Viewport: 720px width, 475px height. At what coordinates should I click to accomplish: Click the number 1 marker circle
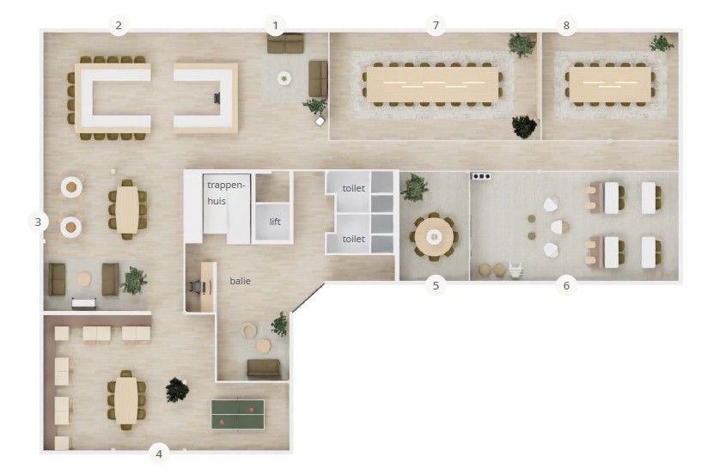tap(276, 25)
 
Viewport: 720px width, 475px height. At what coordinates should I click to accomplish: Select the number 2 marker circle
tap(119, 25)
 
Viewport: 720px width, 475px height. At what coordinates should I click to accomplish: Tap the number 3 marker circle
tap(38, 222)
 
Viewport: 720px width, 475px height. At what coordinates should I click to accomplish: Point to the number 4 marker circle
tap(159, 454)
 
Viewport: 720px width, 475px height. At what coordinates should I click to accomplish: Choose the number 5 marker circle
tap(436, 285)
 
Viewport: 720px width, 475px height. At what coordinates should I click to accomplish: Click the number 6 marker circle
tap(566, 285)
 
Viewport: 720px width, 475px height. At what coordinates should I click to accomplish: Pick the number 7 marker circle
tap(436, 25)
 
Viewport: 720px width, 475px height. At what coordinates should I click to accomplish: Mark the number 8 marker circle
tap(566, 25)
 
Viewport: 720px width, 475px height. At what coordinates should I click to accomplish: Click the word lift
tap(275, 222)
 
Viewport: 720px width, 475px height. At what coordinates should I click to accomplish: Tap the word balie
tap(241, 281)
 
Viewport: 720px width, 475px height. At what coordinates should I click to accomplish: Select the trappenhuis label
tap(225, 192)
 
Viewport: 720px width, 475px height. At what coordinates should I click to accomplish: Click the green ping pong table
tap(238, 414)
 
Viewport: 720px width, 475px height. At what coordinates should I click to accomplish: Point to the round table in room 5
tap(434, 237)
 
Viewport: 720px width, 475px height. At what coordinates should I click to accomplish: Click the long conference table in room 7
tap(432, 84)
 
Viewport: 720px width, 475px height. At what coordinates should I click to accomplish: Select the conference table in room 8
tap(610, 84)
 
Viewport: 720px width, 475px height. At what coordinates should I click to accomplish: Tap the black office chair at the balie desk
tap(197, 287)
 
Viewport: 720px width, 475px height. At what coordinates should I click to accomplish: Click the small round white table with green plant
tap(284, 78)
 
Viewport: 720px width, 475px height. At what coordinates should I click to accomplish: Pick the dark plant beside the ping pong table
tap(177, 390)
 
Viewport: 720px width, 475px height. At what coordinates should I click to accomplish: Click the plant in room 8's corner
tap(662, 44)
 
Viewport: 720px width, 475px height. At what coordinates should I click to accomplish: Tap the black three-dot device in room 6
tap(481, 176)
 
